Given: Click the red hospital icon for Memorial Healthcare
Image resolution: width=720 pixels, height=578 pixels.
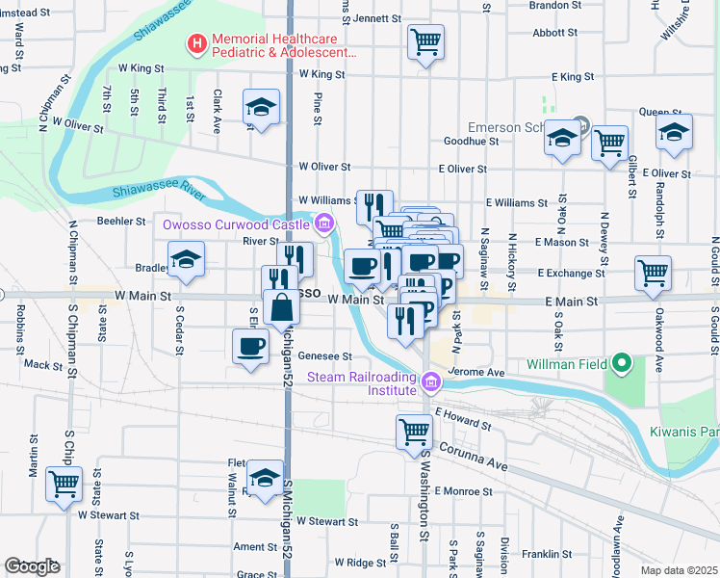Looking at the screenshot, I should (196, 43).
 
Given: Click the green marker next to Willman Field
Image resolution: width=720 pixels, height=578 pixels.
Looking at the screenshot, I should (622, 365).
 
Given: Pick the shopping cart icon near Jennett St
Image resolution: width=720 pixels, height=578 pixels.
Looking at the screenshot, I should (425, 42).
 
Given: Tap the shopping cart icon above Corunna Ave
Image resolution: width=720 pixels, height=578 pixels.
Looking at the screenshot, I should (414, 431).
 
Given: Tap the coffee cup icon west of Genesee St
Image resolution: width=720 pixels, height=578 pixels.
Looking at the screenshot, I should (250, 347).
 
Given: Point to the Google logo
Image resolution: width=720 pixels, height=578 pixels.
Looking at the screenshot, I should (31, 566).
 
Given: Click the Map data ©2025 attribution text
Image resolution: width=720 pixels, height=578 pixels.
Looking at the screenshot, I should (679, 570).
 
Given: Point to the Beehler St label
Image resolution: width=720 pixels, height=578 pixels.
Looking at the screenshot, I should (120, 221).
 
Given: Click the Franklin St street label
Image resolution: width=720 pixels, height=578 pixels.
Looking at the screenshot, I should (546, 555).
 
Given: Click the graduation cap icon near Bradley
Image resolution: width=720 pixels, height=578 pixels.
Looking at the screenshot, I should (187, 259).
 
